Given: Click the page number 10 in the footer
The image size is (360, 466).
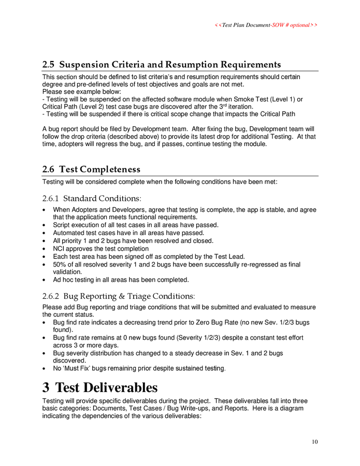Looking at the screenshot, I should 314,441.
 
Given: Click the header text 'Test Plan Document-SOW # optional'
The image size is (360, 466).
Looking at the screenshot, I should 266,25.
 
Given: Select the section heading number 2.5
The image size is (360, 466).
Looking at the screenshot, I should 49,65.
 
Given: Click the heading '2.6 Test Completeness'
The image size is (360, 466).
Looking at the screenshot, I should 91,169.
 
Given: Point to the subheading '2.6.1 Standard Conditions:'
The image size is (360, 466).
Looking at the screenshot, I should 91,198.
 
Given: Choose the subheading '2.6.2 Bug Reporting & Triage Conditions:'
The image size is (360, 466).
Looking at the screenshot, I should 119,296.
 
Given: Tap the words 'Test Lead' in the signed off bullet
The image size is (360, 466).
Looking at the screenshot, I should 228,256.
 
